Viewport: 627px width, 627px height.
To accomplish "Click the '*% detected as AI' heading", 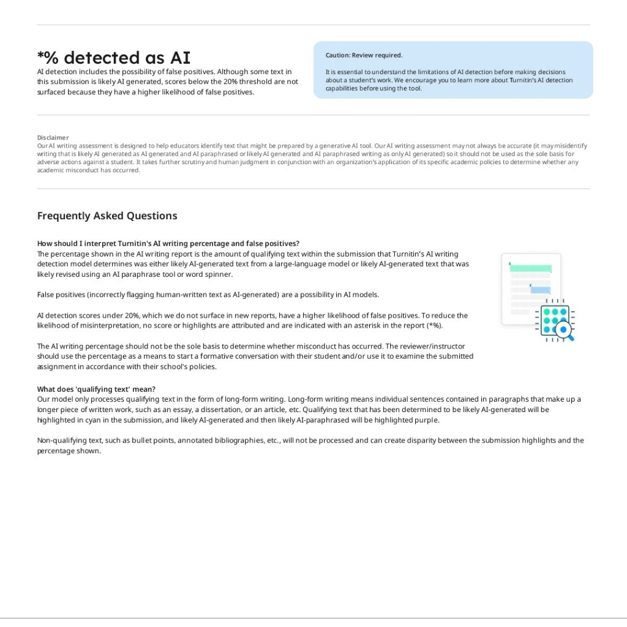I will click(114, 58).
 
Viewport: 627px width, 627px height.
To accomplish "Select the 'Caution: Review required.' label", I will click(364, 55).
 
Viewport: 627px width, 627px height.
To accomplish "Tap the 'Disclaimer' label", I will click(53, 138).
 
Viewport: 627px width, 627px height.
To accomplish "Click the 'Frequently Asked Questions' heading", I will click(107, 216).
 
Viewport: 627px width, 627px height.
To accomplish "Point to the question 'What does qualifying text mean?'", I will click(96, 389).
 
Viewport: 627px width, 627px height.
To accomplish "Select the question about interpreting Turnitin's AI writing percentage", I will click(168, 243).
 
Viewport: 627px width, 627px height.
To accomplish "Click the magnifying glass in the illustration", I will click(564, 331).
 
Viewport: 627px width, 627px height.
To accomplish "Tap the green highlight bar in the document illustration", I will click(530, 268).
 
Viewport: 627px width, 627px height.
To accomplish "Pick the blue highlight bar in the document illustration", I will click(540, 290).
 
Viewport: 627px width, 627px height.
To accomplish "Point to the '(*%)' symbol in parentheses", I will click(433, 325).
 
